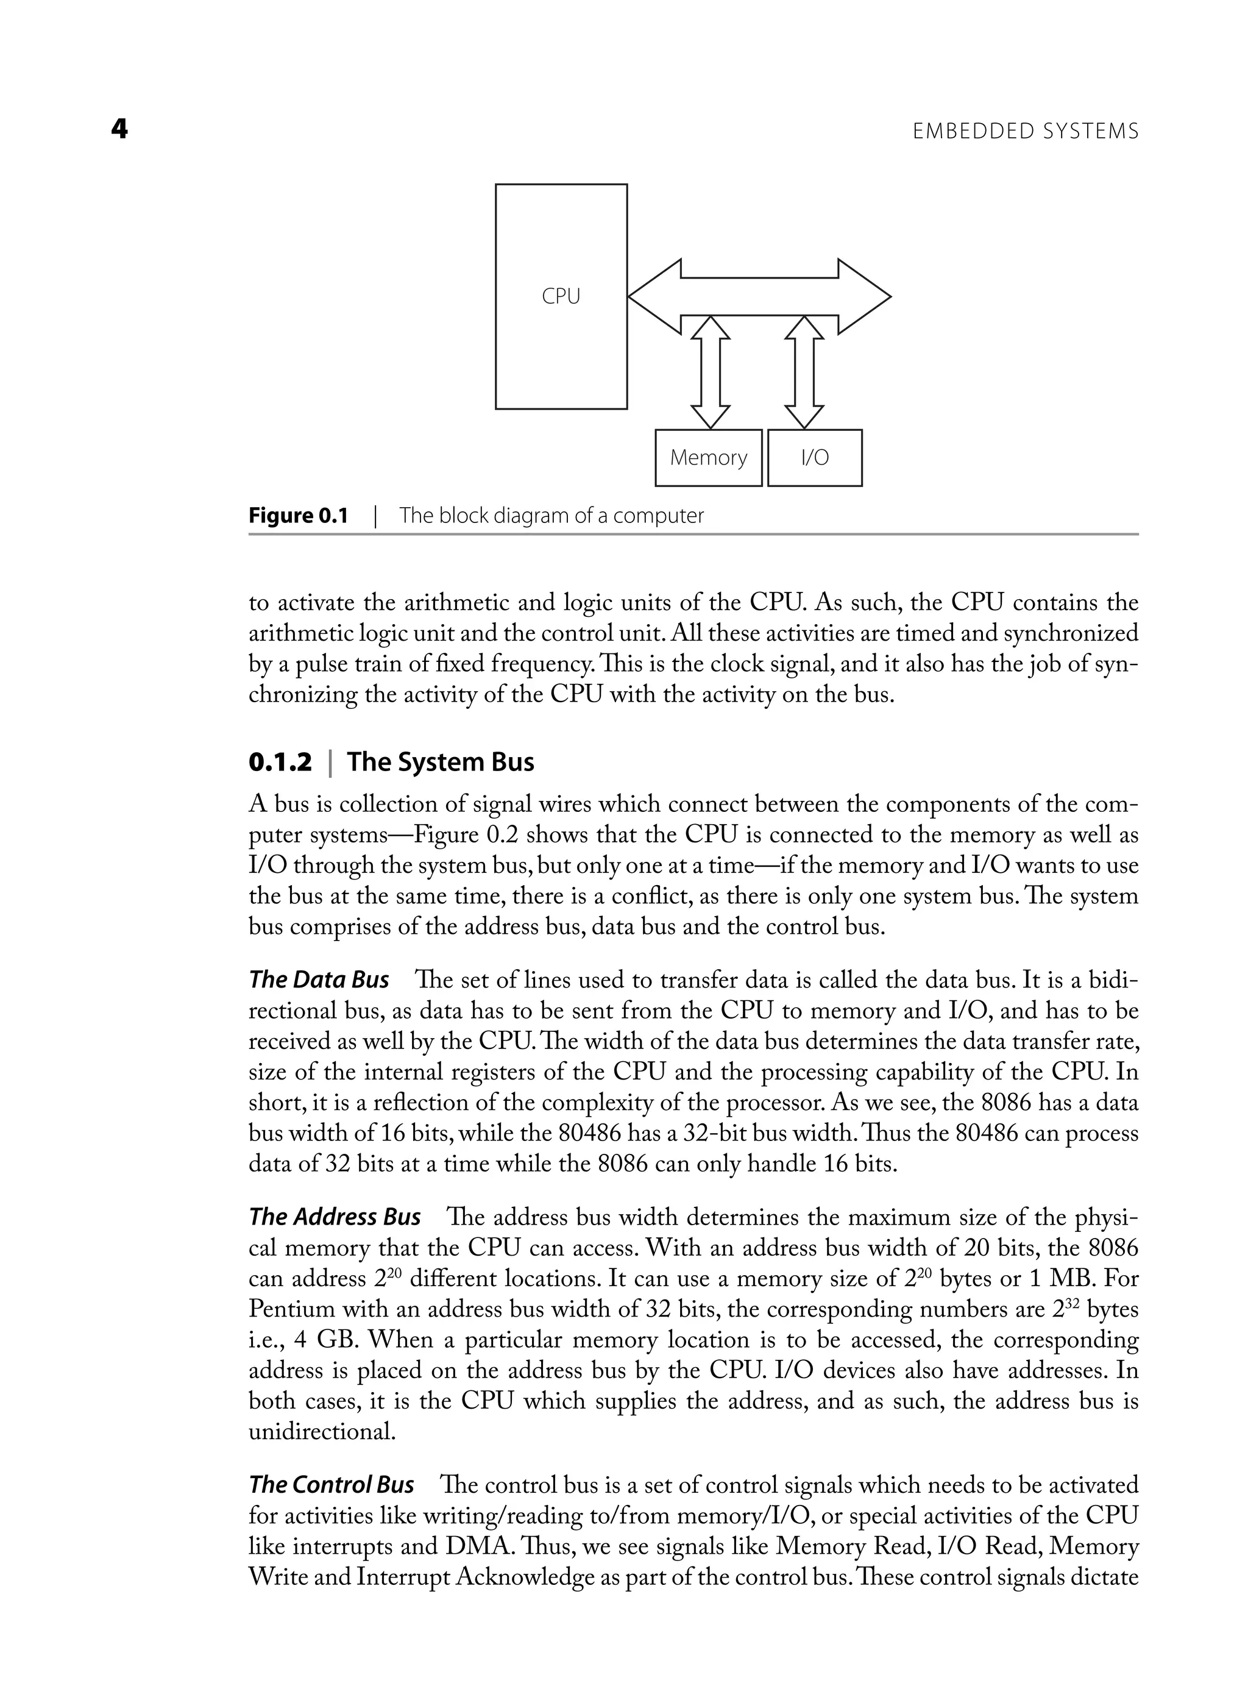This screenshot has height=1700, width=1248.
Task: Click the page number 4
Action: click(119, 130)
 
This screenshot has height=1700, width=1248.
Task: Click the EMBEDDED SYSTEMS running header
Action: click(1025, 132)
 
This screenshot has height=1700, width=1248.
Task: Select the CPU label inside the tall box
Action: click(561, 297)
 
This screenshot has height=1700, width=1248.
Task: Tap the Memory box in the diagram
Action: click(708, 458)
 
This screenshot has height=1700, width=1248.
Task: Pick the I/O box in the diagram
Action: click(814, 458)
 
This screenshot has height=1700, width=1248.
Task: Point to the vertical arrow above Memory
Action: click(710, 372)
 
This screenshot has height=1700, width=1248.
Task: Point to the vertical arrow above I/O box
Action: click(804, 372)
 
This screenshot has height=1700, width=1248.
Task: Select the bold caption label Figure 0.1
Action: click(299, 516)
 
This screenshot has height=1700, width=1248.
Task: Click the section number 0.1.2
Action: click(280, 763)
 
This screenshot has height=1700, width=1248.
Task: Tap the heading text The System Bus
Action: click(441, 763)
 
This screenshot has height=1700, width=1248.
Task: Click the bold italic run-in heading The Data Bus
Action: click(319, 980)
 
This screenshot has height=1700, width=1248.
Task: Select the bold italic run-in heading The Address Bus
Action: click(335, 1217)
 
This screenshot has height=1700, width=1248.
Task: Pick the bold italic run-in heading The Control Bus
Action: click(331, 1485)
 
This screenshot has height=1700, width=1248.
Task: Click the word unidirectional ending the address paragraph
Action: click(322, 1432)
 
